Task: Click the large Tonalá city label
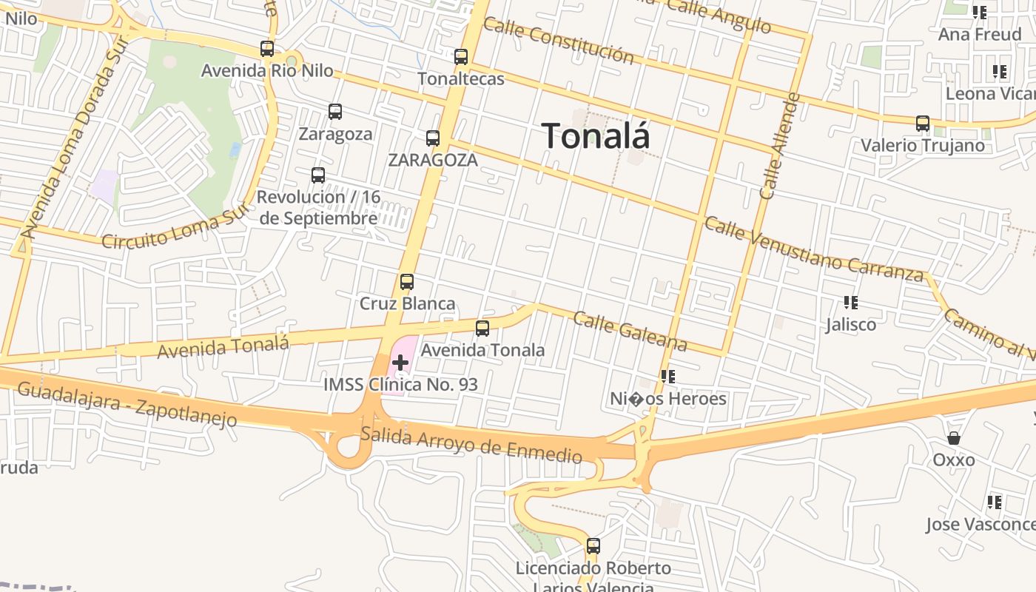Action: [x=596, y=136]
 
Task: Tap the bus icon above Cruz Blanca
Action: [x=406, y=282]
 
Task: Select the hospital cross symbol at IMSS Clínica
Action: [x=400, y=363]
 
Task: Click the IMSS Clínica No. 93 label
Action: [x=400, y=385]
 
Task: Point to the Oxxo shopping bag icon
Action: [x=954, y=438]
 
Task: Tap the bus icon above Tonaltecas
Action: [x=461, y=57]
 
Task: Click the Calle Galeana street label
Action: [x=630, y=331]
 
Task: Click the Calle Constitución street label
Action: [x=559, y=41]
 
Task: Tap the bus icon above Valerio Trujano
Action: [x=923, y=124]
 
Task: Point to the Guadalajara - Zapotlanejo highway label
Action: [x=127, y=405]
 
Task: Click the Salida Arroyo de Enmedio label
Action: [x=471, y=443]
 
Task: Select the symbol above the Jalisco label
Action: [x=851, y=303]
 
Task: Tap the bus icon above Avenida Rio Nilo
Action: [x=267, y=50]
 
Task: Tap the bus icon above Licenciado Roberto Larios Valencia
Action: [x=593, y=547]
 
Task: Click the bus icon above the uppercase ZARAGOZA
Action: [x=433, y=138]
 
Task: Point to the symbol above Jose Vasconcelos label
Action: [x=995, y=502]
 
